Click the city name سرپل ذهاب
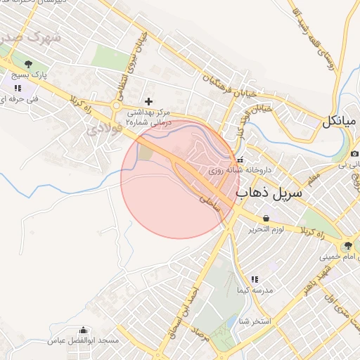[269, 191]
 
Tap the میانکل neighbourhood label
[340, 121]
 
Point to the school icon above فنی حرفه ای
[18, 89]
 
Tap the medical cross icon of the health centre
[148, 101]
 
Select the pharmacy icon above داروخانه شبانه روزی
[240, 160]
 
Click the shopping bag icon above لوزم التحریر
[266, 219]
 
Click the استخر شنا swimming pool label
[255, 321]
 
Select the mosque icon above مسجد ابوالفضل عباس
[84, 330]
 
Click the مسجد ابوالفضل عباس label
[84, 340]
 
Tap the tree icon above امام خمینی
[347, 245]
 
